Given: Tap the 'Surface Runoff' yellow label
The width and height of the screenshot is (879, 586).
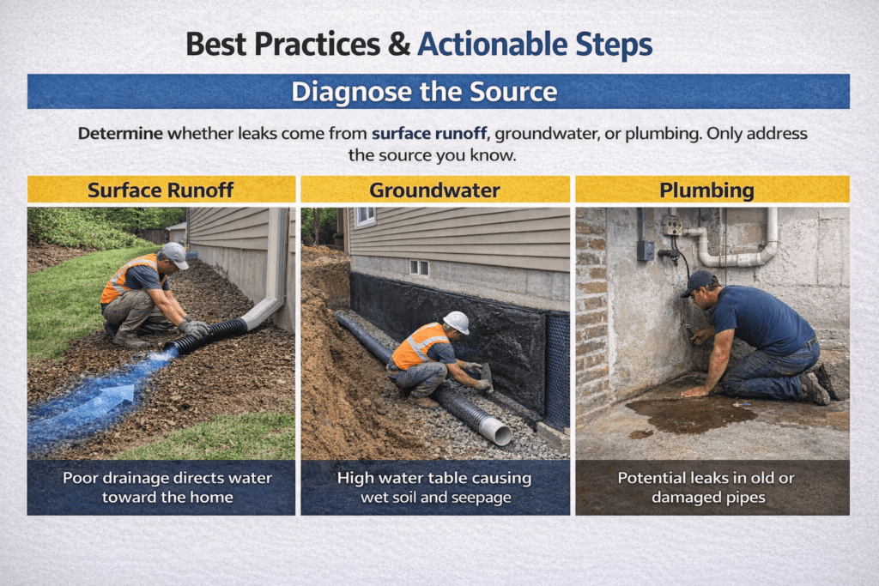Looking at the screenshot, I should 161,190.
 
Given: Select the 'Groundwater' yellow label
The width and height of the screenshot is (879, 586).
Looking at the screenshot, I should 434,190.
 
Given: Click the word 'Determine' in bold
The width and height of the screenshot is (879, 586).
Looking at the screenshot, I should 120,134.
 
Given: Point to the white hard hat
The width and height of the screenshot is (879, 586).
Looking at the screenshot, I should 457,322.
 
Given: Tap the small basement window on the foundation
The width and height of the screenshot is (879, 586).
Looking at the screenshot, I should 419,268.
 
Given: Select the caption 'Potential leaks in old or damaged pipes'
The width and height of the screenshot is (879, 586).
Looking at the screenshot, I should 712,487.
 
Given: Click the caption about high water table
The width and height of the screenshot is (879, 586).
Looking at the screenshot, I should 434,487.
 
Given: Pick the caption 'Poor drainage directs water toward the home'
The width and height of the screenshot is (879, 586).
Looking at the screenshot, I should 161,487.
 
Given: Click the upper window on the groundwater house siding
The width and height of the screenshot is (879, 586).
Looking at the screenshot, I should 365,216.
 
